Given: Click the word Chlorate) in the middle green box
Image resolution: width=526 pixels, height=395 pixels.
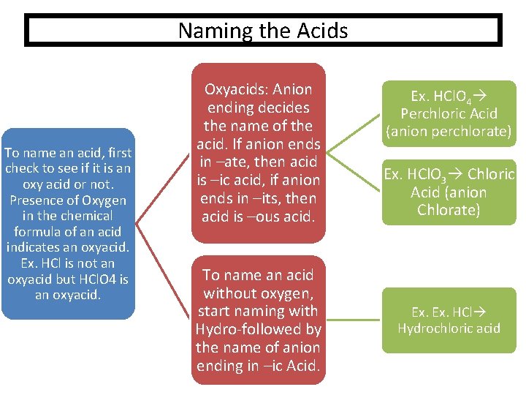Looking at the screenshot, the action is click(449, 211).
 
